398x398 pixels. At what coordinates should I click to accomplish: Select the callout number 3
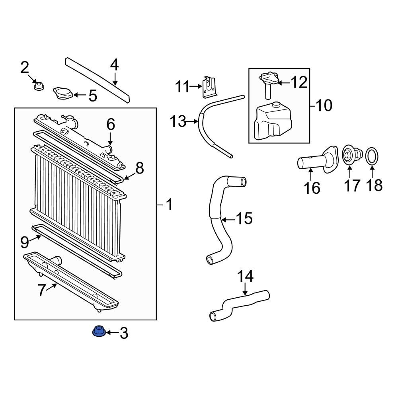(x=124, y=333)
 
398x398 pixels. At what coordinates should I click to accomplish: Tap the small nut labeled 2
(x=39, y=86)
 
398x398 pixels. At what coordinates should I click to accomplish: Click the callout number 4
(x=114, y=65)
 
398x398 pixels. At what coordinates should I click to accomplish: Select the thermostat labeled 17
(x=350, y=155)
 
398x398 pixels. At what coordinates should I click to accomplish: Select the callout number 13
(x=178, y=121)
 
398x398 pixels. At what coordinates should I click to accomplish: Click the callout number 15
(x=244, y=219)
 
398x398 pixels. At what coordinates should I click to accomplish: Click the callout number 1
(x=169, y=205)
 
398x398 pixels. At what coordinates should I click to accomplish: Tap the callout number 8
(x=139, y=168)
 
